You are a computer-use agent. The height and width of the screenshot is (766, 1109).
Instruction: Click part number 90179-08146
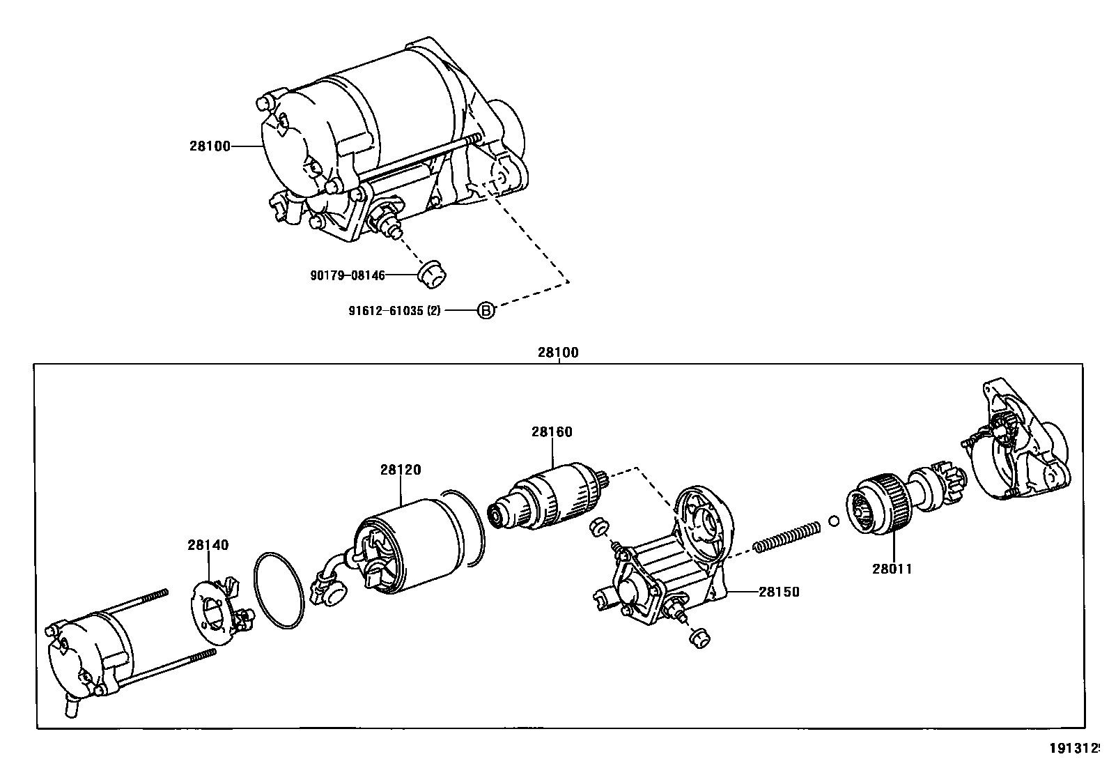click(347, 275)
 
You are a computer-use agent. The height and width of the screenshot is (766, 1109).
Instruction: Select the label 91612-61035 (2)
click(394, 311)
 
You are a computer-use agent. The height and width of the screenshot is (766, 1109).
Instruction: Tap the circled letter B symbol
click(486, 311)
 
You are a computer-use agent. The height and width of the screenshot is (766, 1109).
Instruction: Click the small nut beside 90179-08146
click(432, 273)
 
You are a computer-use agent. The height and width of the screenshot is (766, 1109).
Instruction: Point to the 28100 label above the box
click(557, 353)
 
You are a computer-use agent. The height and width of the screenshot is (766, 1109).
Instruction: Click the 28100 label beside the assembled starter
click(209, 146)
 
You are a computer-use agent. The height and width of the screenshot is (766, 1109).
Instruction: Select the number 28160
click(552, 432)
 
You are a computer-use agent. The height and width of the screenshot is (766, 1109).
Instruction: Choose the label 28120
click(401, 470)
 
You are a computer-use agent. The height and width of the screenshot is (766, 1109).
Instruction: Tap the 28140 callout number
click(208, 545)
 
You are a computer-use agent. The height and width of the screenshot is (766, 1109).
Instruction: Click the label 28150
click(779, 592)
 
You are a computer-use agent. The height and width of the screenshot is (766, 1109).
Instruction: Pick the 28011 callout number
click(892, 569)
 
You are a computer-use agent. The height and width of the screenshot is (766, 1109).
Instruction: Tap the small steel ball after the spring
click(834, 521)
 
